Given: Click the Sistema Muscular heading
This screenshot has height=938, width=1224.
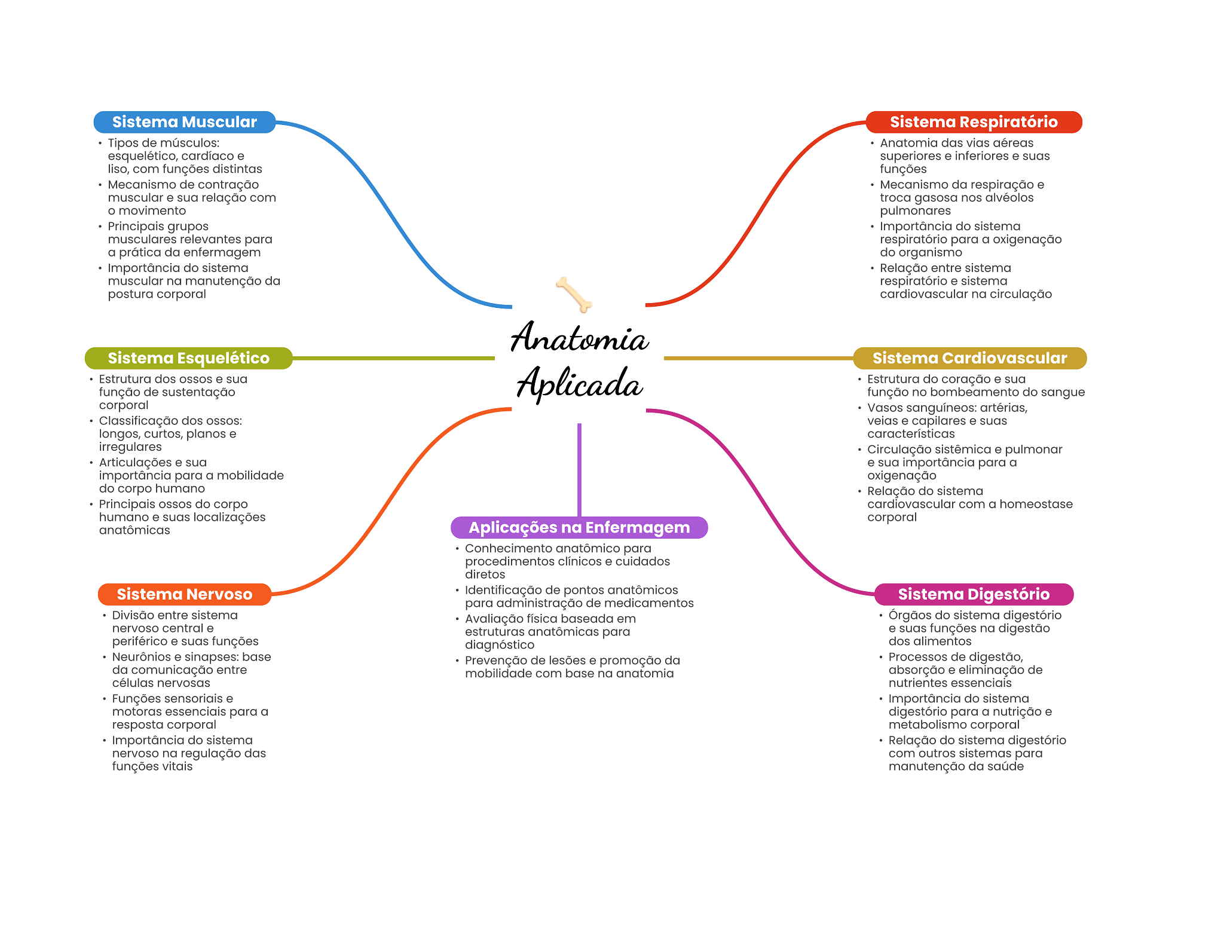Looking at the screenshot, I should (x=184, y=122).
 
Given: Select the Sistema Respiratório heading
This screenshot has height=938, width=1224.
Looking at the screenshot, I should (x=974, y=122).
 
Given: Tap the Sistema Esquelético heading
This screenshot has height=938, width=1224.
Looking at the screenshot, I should (x=188, y=358).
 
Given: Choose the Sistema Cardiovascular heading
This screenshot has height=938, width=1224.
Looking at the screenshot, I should (x=969, y=358).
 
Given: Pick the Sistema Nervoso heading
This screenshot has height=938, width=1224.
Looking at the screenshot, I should (x=184, y=594).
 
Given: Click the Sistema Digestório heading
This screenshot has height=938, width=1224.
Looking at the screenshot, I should (x=974, y=594).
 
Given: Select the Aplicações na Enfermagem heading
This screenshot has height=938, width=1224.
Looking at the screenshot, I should (x=579, y=527).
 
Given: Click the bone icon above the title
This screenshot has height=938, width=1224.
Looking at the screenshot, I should (x=574, y=294).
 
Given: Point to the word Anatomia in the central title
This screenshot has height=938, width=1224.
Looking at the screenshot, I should (x=580, y=338).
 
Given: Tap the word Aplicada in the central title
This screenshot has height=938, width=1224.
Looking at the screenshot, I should (x=580, y=383).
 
